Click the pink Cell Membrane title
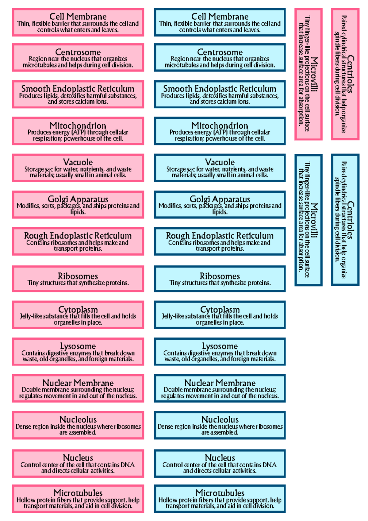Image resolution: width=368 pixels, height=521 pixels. (x=78, y=17)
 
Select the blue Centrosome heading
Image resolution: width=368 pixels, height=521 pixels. (x=220, y=52)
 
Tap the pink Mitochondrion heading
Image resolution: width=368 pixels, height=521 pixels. (x=78, y=125)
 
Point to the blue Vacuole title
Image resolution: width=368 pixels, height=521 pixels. (x=220, y=162)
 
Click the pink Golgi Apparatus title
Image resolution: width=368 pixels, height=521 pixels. (x=78, y=199)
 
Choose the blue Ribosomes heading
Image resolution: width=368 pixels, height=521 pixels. (x=220, y=276)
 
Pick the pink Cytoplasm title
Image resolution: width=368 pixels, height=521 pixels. (x=78, y=310)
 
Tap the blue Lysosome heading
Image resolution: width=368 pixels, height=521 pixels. (x=220, y=346)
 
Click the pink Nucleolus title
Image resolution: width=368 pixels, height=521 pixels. (x=78, y=419)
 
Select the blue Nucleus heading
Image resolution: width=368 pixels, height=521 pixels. (x=220, y=458)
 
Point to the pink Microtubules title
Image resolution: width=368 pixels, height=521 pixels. (x=78, y=493)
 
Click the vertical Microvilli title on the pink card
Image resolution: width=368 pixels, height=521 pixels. (x=314, y=74)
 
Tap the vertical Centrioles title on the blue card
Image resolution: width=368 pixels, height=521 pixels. (x=351, y=220)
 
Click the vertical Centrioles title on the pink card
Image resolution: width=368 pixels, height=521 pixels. (x=351, y=74)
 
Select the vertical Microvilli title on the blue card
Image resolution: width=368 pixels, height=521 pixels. (x=314, y=220)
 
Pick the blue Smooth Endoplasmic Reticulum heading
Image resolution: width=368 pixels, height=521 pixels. (x=220, y=89)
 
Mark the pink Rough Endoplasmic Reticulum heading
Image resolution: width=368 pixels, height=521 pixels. (x=78, y=236)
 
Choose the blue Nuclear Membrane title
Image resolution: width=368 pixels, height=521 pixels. (x=220, y=383)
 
